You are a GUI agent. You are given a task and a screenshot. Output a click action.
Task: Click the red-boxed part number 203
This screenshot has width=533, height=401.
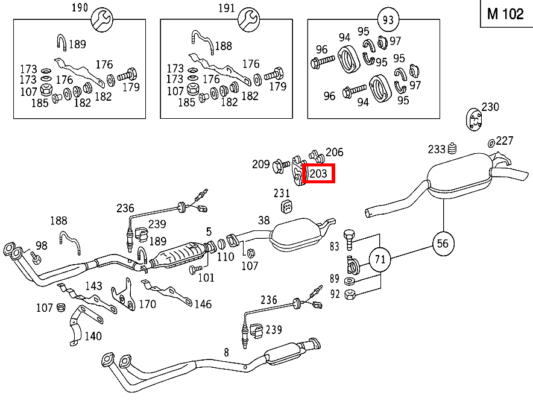(319, 174)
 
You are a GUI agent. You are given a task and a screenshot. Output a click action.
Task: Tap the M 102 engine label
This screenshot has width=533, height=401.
(505, 14)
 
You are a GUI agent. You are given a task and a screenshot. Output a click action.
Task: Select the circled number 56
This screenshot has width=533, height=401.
(443, 243)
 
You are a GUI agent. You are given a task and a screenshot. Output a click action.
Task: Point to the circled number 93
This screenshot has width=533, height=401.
(388, 20)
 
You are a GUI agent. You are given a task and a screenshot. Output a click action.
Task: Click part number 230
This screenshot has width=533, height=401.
(490, 107)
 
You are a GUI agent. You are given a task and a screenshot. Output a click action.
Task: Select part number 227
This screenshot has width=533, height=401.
(505, 141)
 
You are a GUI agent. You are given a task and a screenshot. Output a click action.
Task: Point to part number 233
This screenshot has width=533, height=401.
(437, 149)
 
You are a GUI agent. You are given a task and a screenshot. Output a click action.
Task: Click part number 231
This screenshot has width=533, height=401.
(282, 194)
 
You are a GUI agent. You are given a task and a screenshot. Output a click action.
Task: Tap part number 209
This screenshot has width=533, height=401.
(260, 163)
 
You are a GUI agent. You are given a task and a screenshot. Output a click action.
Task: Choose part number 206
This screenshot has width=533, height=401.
(334, 152)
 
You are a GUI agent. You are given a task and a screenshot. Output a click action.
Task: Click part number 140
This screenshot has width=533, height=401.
(92, 336)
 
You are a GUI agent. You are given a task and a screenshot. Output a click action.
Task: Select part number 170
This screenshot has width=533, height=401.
(147, 304)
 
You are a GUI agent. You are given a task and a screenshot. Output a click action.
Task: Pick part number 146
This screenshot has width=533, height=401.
(203, 304)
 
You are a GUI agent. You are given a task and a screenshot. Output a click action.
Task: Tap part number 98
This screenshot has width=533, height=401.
(41, 245)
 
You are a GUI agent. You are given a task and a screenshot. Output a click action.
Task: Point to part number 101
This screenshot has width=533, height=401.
(206, 277)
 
